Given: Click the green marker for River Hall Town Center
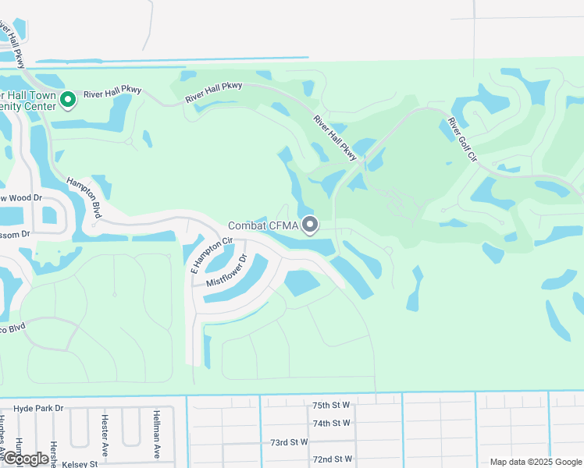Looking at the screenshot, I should coord(67,100).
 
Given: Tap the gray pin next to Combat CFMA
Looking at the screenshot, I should coord(310,225).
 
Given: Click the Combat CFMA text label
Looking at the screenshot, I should coord(263,226).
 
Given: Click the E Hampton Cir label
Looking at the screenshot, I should coord(212,254).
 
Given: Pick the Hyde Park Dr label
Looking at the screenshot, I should coord(38,408).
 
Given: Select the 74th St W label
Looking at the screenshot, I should coord(332,424).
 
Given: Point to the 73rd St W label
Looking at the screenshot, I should coord(290,442).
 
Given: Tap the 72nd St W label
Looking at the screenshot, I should coord(332,459).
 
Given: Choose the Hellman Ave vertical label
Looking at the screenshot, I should coord(156,434).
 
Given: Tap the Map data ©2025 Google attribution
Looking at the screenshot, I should coord(536,462).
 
